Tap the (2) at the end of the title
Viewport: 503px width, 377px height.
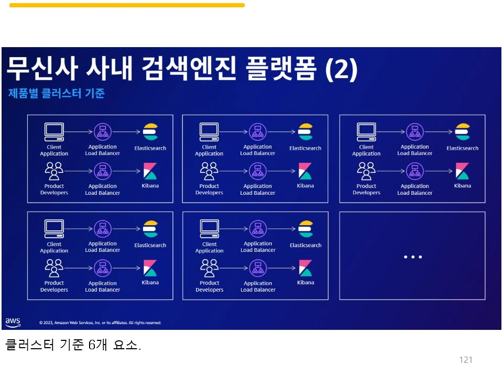tap(341, 69)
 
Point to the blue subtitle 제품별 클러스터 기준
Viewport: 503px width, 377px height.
tap(57, 94)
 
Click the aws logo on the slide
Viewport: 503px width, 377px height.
tap(13, 321)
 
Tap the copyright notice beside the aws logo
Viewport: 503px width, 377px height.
tap(100, 323)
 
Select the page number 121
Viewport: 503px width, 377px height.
tap(465, 360)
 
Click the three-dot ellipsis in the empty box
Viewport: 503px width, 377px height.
tap(412, 257)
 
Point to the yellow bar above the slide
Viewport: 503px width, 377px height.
tap(127, 5)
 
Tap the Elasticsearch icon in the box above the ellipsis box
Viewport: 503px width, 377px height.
tap(463, 132)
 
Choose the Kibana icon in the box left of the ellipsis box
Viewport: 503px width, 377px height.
tap(305, 268)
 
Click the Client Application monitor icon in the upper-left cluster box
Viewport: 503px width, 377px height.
tap(54, 131)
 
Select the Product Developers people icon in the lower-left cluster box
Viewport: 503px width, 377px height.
tap(54, 268)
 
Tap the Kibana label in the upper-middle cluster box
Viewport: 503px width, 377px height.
tap(305, 186)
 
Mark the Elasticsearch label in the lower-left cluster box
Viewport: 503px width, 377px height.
tap(150, 245)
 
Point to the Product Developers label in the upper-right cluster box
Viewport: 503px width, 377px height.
tap(366, 190)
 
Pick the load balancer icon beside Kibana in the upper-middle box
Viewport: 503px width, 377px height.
tap(257, 171)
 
